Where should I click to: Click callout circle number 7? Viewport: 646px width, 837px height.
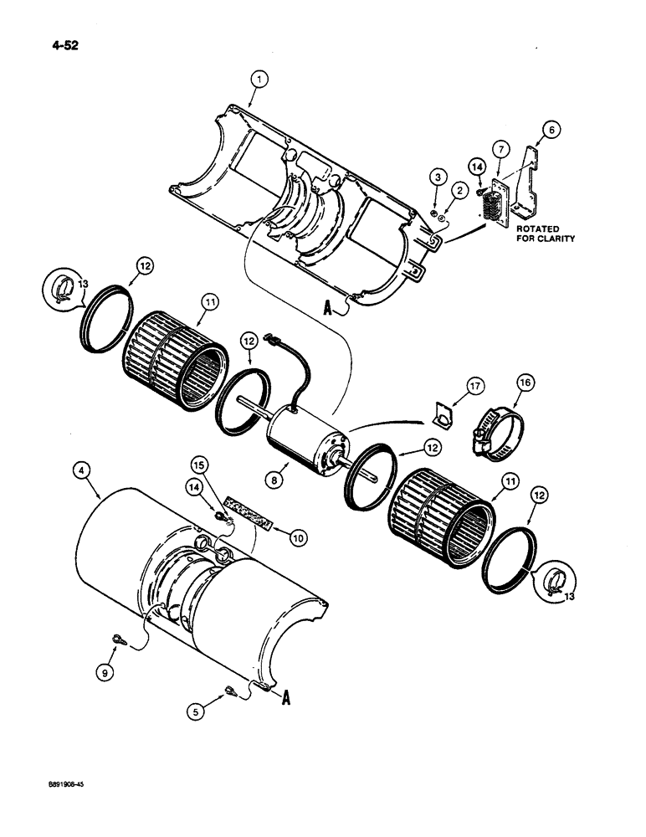point(500,148)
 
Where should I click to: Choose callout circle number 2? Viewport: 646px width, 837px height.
point(459,192)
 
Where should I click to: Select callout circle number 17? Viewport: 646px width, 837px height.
point(474,386)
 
